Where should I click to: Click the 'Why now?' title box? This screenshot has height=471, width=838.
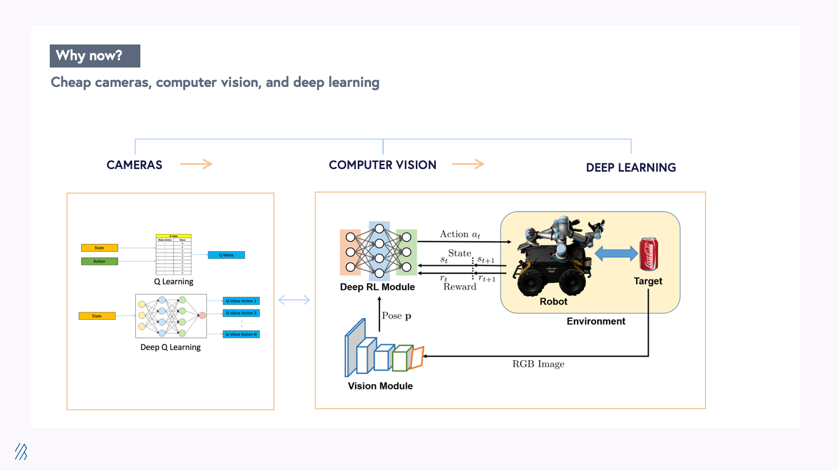(95, 56)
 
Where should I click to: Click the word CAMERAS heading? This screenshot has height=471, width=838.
(134, 165)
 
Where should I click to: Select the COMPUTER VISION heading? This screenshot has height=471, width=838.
(382, 165)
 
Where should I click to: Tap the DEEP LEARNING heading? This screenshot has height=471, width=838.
(631, 167)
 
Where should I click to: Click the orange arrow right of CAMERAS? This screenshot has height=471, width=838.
(196, 164)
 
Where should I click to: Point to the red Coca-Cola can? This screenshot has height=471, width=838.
(648, 254)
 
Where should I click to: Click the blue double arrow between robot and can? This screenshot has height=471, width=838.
(616, 254)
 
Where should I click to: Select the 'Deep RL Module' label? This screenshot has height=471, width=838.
(377, 287)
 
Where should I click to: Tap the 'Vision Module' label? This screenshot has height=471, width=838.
(380, 386)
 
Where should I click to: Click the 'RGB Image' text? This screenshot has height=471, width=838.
(538, 364)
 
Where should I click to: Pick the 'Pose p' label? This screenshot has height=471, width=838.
(396, 316)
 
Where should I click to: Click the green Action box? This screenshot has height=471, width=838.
(100, 261)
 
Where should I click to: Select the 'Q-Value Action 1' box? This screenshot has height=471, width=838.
(241, 301)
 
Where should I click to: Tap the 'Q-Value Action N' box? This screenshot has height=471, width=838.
(241, 334)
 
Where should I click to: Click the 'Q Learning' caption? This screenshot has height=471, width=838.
(173, 282)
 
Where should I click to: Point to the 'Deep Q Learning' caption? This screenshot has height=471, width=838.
(170, 347)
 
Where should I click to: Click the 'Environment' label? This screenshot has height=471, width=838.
(596, 321)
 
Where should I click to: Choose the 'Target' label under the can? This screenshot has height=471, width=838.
(648, 281)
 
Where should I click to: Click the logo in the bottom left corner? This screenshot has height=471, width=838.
(21, 451)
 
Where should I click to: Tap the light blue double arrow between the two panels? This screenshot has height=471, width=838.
(294, 300)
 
